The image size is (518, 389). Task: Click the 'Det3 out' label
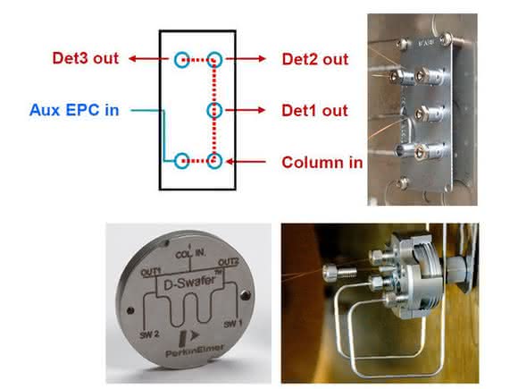pos(85,58)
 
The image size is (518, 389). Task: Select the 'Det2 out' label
pos(315,59)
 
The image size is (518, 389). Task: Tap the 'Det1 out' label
pos(314,111)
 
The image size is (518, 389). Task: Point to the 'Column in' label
pos(322,163)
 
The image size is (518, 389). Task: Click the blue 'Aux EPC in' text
pos(74,110)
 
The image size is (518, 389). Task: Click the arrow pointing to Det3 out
pos(148,59)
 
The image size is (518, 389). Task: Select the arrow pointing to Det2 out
pos(246,59)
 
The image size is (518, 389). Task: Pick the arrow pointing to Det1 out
pos(246,110)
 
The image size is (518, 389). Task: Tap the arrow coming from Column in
pos(246,162)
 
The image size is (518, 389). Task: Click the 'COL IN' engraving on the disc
pos(190,254)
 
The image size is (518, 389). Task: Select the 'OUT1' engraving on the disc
pos(151,272)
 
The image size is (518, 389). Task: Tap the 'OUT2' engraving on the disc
pos(229,262)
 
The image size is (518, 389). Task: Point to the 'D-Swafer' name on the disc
pos(189,283)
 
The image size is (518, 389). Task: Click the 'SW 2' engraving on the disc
pos(149,334)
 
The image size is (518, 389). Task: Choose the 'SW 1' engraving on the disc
pos(233,324)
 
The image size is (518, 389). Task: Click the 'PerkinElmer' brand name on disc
pos(195,351)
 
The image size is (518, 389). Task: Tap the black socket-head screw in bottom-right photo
pos(340,272)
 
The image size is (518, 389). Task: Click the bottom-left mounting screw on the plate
pos(403,183)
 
